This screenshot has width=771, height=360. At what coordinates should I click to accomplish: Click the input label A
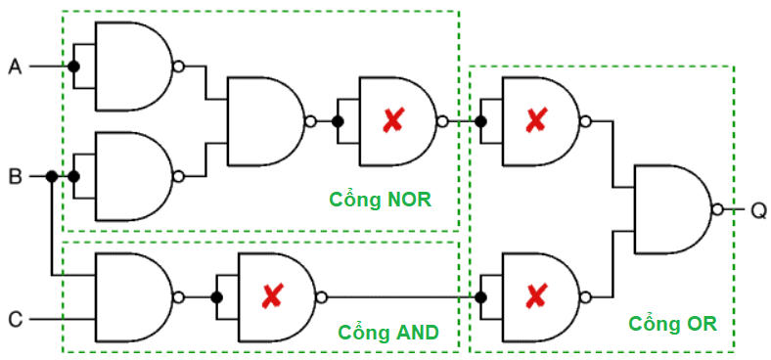coord(15,67)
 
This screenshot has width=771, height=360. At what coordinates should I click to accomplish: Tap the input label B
coord(15,177)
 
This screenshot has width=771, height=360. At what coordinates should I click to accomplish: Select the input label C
coord(15,319)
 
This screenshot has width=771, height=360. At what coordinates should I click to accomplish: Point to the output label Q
coord(758,209)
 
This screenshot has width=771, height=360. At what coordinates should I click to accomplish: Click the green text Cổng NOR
coord(379,200)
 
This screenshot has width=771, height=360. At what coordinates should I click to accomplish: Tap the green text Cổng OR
coord(672,323)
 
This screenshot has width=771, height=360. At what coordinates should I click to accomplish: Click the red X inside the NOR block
coord(392,121)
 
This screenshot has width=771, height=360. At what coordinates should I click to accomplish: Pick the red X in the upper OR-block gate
coord(534,121)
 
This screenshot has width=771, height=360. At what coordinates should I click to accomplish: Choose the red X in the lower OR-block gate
coord(534,296)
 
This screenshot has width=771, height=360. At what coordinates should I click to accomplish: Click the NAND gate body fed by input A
coord(132,67)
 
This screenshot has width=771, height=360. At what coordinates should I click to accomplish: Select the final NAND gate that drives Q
coord(673,209)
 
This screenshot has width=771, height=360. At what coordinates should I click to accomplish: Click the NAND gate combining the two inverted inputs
coord(264,121)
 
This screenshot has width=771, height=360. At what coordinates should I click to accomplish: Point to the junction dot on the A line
coord(72,67)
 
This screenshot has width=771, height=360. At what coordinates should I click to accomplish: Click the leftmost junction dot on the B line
coord(51,177)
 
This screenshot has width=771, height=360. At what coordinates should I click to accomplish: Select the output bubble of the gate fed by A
coord(177,67)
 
